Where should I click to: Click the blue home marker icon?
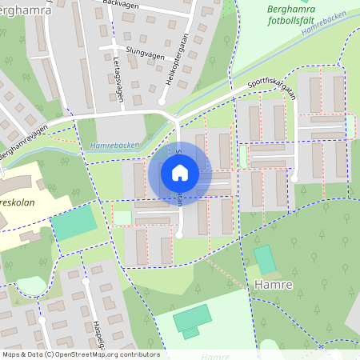(180, 172)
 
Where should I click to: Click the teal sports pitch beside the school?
(71, 225)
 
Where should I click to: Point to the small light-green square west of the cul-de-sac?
(122, 218)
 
